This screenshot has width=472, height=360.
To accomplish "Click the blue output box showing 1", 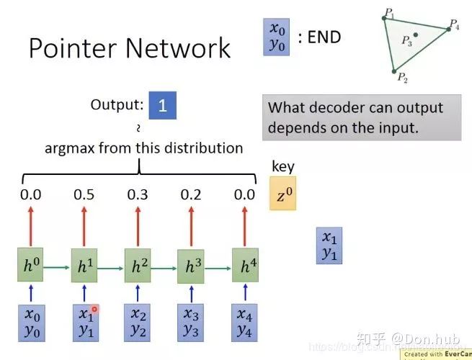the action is [163, 106].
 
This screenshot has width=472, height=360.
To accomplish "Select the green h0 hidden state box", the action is [31, 266].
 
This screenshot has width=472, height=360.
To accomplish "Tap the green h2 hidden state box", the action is [138, 266].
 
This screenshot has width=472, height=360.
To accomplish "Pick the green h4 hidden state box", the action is [245, 266].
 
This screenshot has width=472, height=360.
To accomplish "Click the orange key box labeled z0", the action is [282, 194].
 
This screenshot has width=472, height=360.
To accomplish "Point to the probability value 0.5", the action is [84, 194].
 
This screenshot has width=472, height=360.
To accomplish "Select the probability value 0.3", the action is [138, 194].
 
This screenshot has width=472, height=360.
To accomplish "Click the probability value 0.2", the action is [192, 194].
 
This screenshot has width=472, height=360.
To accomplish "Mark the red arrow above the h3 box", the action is [192, 225].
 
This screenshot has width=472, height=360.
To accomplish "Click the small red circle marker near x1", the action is [95, 310].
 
